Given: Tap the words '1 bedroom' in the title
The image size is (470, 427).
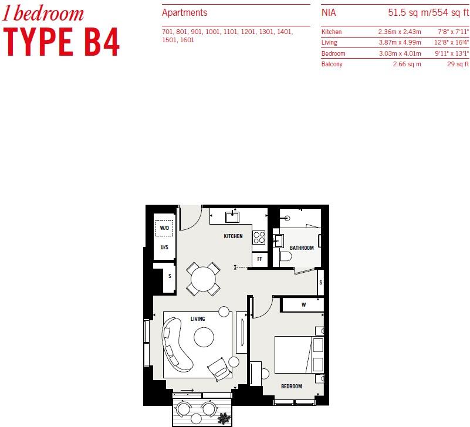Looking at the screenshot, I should (x=44, y=13).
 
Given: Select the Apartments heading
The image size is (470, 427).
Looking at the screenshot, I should (x=184, y=12).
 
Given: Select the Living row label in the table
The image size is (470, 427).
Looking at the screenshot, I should (x=329, y=43).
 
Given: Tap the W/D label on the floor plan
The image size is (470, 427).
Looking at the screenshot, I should (x=164, y=228).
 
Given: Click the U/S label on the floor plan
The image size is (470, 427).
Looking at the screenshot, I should (x=164, y=248).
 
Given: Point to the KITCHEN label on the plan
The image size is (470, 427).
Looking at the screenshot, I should (x=233, y=236).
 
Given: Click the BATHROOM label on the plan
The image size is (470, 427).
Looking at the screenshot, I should (x=302, y=248).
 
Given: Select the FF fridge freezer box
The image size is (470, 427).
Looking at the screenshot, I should (x=259, y=259).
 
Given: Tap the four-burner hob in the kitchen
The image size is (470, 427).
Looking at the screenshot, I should (x=259, y=238).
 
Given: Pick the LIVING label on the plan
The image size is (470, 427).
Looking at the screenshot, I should (x=198, y=319).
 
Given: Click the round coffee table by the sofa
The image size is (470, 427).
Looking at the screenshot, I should (x=204, y=337).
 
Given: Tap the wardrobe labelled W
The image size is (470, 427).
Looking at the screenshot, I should (x=303, y=304).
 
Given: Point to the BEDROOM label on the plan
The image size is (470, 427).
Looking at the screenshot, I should (x=291, y=387).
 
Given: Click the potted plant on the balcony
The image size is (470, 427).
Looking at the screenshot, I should (x=224, y=418).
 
